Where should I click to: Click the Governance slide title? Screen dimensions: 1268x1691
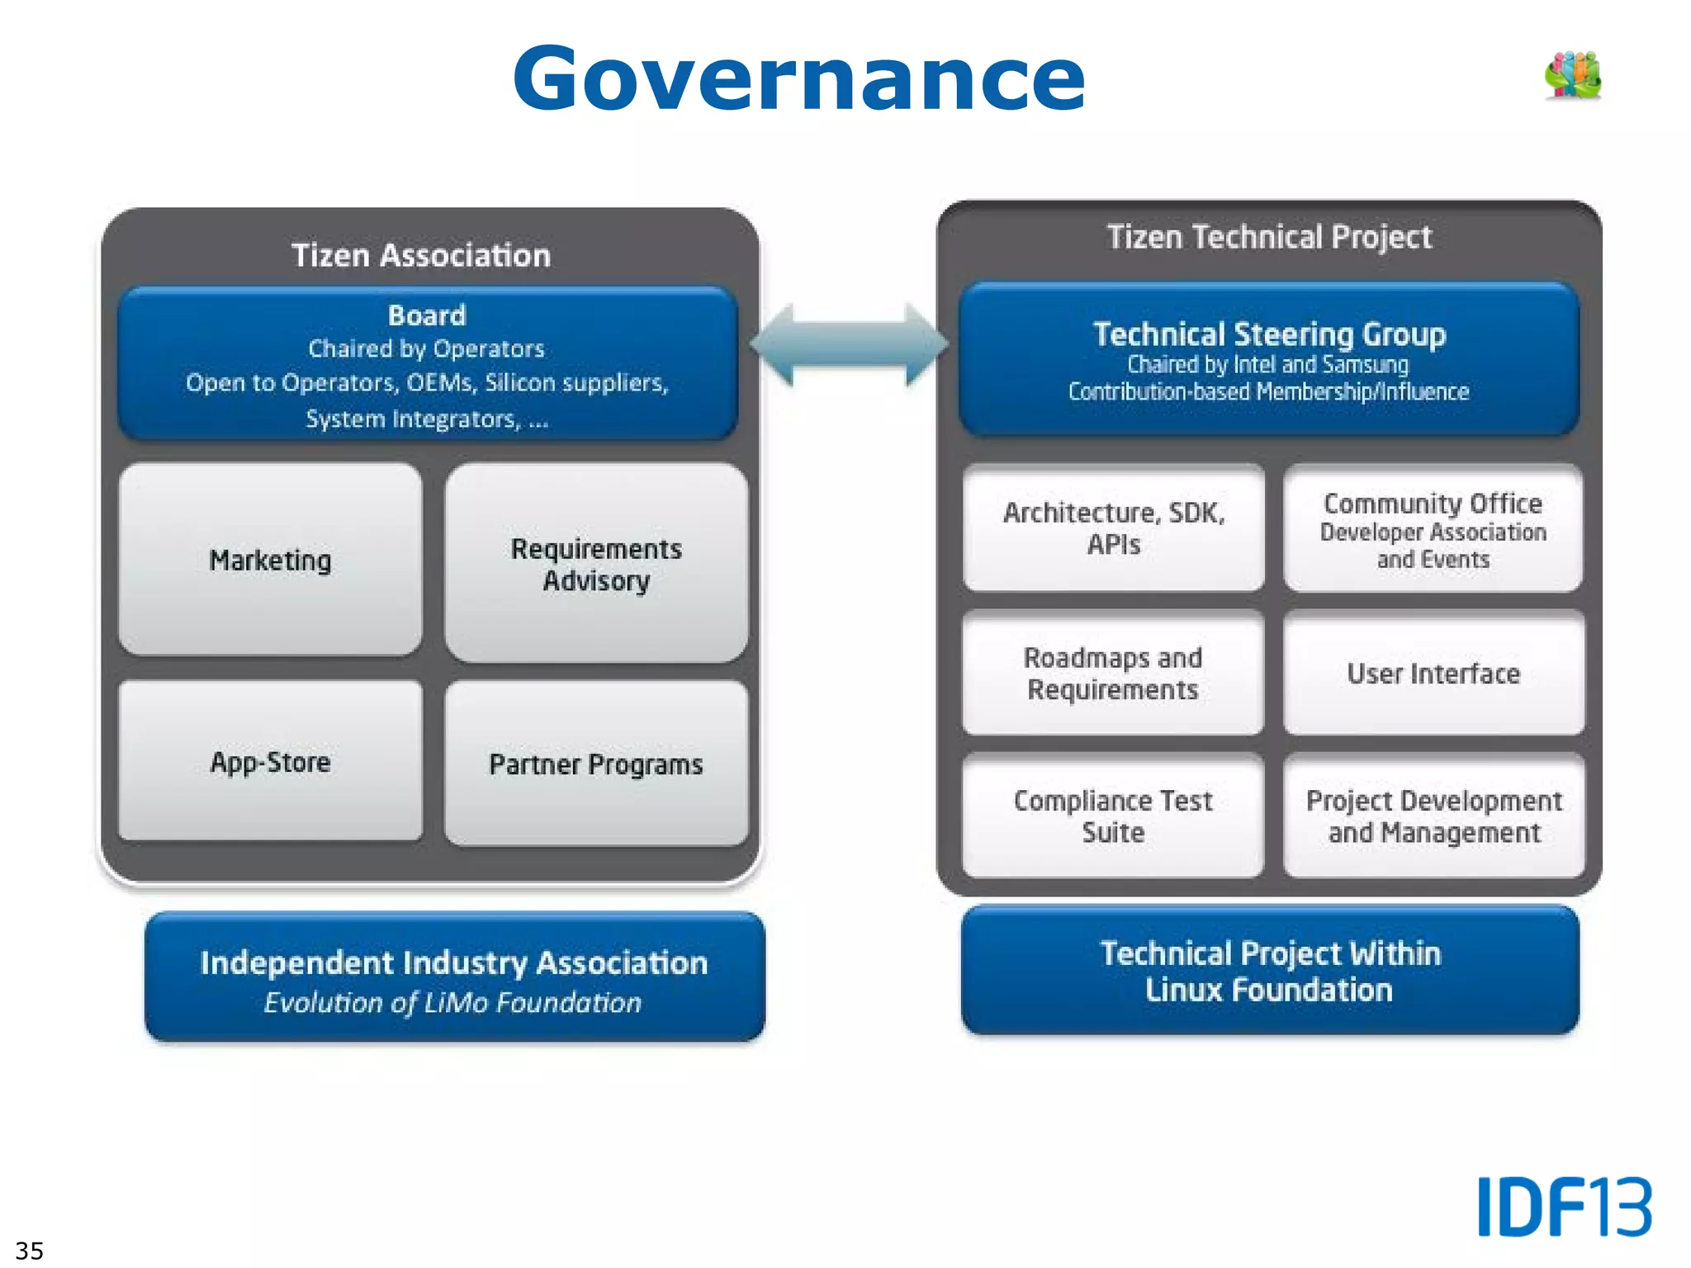click(x=798, y=78)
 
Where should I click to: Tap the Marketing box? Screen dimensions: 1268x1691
click(x=270, y=560)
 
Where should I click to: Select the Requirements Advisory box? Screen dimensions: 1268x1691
click(x=596, y=564)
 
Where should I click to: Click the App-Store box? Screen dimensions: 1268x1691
click(x=270, y=761)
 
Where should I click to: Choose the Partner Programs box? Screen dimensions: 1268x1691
click(x=596, y=764)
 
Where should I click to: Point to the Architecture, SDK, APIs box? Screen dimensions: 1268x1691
click(x=1113, y=528)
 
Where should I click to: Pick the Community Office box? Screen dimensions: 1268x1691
click(x=1433, y=528)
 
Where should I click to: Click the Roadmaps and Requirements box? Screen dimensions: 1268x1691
click(x=1113, y=673)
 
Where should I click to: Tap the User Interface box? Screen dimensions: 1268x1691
click(x=1433, y=673)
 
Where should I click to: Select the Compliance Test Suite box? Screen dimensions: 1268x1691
click(x=1113, y=816)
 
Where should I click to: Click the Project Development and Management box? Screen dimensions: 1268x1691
click(x=1433, y=816)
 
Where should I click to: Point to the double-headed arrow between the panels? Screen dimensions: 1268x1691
click(x=849, y=345)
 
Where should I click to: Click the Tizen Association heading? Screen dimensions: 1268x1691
click(x=421, y=255)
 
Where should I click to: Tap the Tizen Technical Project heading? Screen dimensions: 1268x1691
click(x=1269, y=237)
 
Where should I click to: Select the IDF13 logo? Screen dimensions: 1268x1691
click(x=1564, y=1206)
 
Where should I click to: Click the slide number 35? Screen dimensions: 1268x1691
click(x=29, y=1250)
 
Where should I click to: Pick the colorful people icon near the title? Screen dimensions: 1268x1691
click(x=1573, y=75)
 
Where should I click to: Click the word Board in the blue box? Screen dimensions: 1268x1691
click(x=427, y=315)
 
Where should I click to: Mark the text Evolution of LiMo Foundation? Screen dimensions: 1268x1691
click(x=452, y=1002)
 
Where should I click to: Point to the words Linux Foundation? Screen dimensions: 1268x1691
click(x=1269, y=990)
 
